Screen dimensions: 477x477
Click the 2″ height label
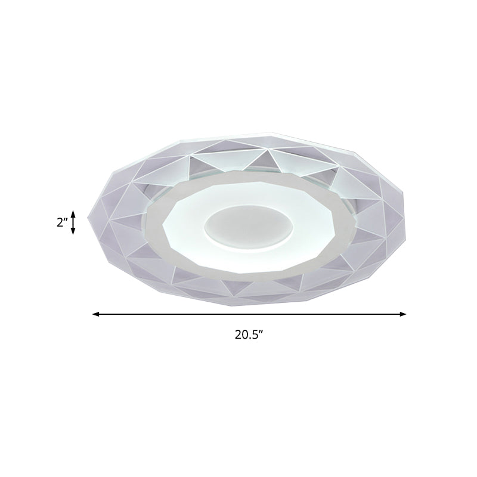coord(61,222)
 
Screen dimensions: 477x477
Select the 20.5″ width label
coord(249,335)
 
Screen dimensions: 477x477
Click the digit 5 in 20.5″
coord(253,335)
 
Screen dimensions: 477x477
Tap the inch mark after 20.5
coord(261,333)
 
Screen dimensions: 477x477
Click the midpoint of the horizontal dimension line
coord(249,314)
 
